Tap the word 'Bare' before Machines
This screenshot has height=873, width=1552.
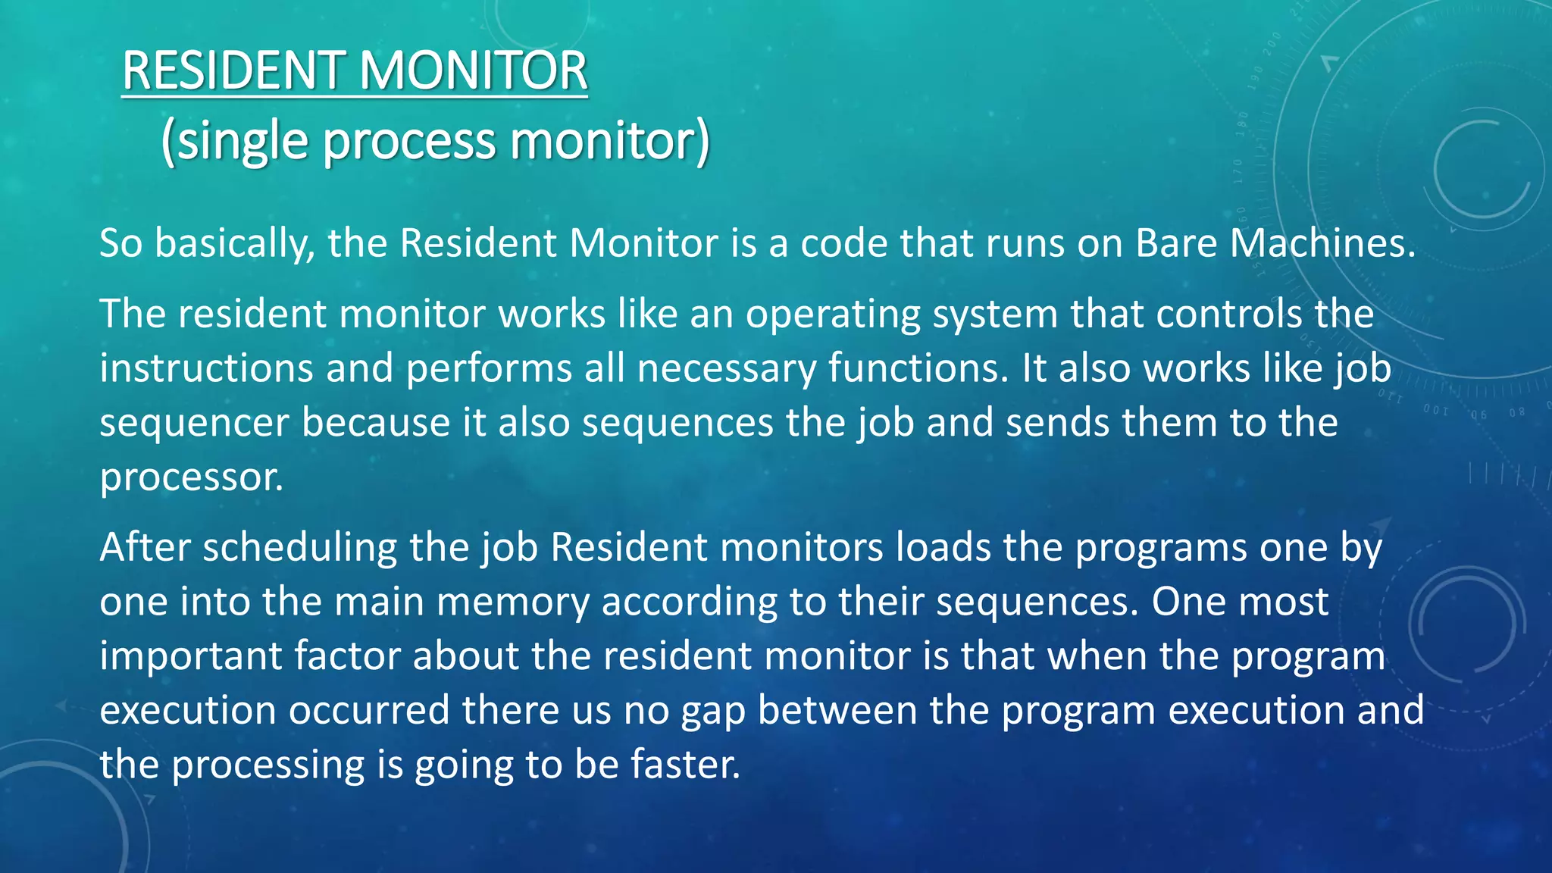click(x=1175, y=244)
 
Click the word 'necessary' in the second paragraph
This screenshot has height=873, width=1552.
click(x=727, y=369)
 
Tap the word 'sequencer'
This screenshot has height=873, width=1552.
click(x=194, y=423)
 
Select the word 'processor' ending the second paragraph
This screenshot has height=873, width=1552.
click(x=191, y=478)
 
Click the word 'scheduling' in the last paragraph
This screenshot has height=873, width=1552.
click(x=299, y=547)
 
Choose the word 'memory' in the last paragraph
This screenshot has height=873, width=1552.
click(x=513, y=602)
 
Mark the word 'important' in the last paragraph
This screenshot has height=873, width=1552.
click(x=190, y=656)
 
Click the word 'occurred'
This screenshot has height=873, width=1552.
click(x=369, y=711)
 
